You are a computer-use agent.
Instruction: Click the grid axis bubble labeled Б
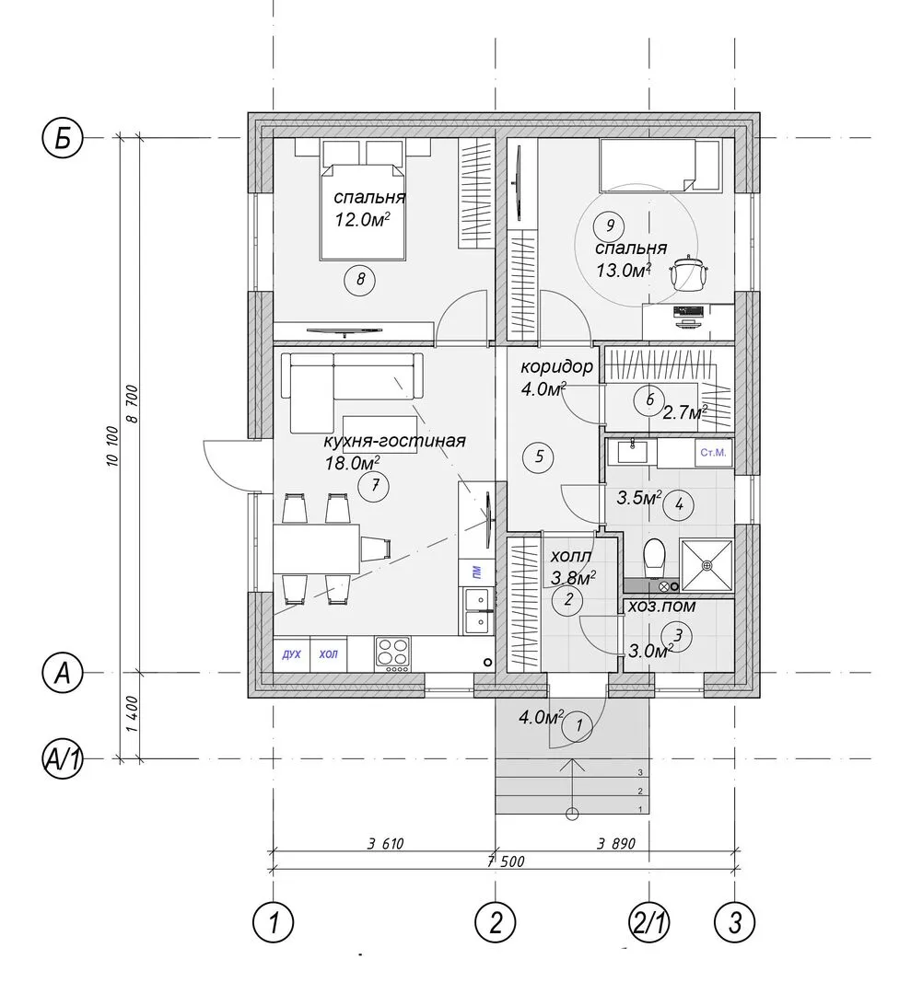[x=62, y=137]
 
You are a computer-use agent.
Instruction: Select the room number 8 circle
[x=360, y=279]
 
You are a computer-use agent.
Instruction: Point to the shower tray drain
[x=707, y=565]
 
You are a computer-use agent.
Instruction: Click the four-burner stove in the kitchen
[x=393, y=654]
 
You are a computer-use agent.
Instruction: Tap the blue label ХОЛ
[x=329, y=654]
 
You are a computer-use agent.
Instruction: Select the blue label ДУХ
[x=291, y=654]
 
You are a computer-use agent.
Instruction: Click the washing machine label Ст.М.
[x=713, y=453]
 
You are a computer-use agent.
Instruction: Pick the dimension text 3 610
[x=385, y=844]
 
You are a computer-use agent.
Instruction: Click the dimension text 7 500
[x=505, y=861]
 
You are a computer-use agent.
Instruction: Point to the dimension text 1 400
[x=132, y=714]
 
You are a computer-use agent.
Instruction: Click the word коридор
[x=557, y=366]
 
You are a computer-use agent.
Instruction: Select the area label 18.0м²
[x=353, y=463]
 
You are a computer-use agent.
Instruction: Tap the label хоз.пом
[x=661, y=607]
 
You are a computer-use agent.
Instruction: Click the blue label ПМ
[x=475, y=573]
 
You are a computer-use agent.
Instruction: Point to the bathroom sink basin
[x=632, y=452]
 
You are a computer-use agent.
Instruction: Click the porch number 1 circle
[x=579, y=724]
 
